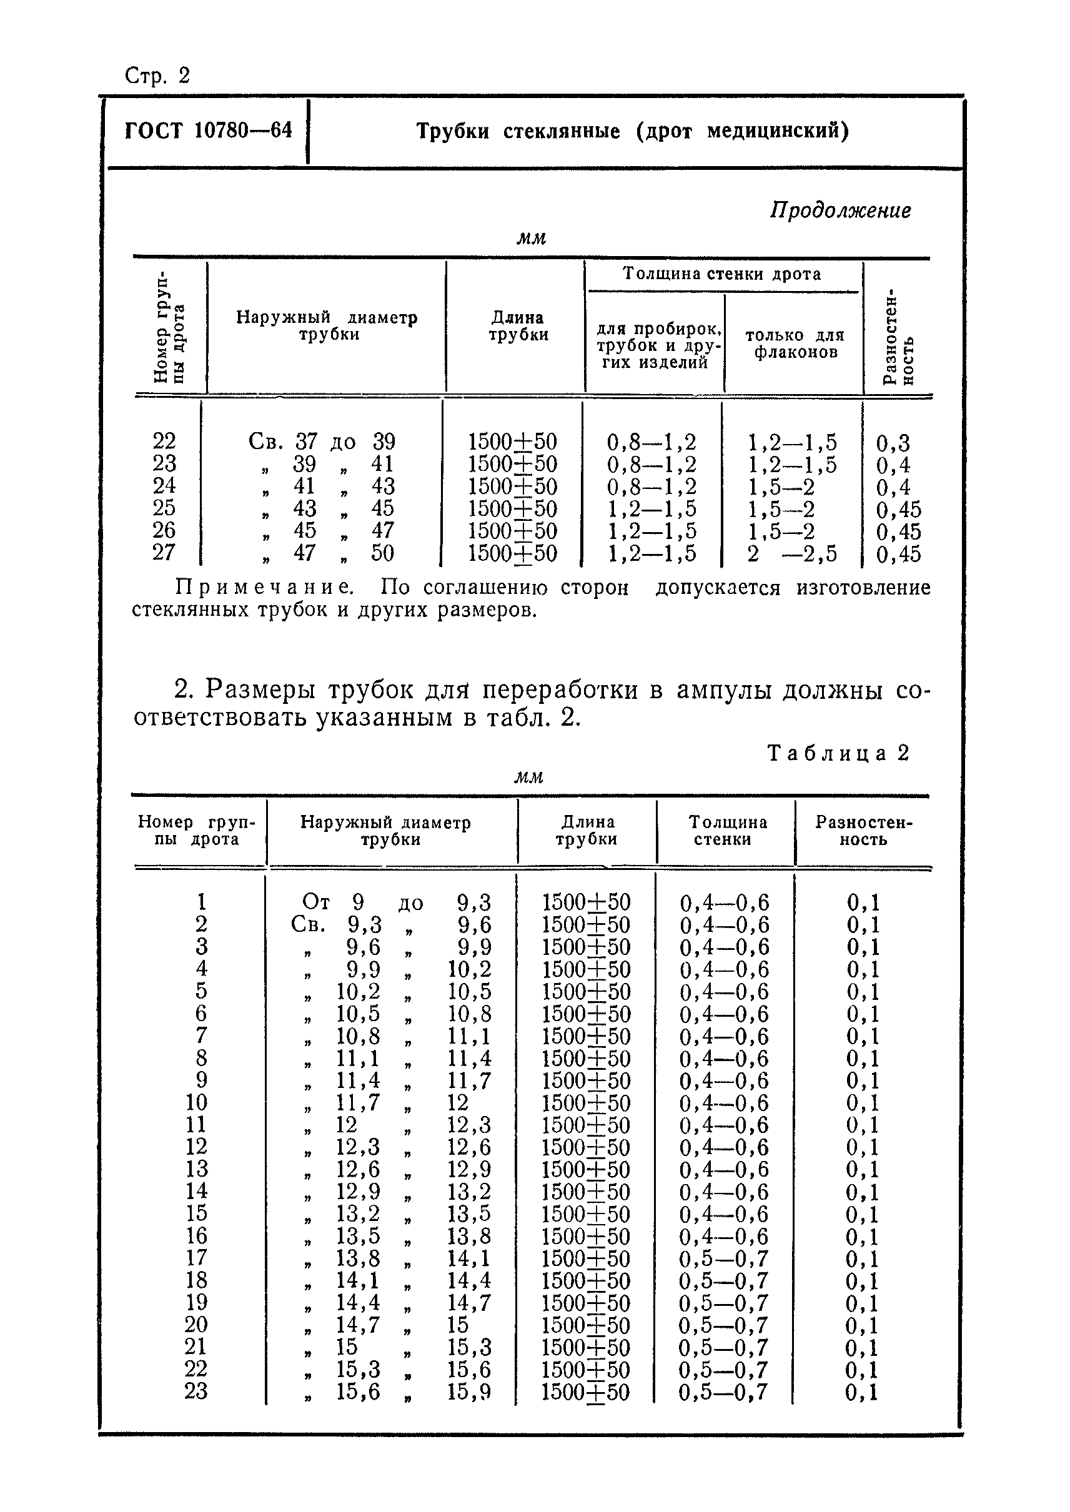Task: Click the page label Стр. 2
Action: (x=157, y=76)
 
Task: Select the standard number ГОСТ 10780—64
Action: (x=208, y=131)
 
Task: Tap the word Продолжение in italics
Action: (x=840, y=210)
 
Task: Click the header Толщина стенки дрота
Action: (x=722, y=274)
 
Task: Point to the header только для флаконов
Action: (x=795, y=343)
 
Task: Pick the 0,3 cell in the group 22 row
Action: (x=892, y=443)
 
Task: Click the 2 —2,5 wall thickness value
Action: (x=791, y=554)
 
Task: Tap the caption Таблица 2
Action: (x=838, y=753)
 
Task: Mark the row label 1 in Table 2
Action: (x=201, y=901)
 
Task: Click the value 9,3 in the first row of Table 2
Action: (x=473, y=902)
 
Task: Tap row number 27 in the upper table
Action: (x=164, y=552)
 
